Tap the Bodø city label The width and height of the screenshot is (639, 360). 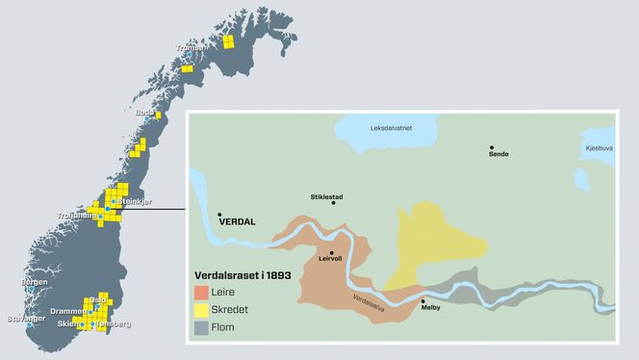[x=144, y=113]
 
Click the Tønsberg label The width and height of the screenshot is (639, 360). [x=112, y=324]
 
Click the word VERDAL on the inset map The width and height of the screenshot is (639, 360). [x=240, y=220]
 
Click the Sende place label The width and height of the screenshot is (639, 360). [x=498, y=154]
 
